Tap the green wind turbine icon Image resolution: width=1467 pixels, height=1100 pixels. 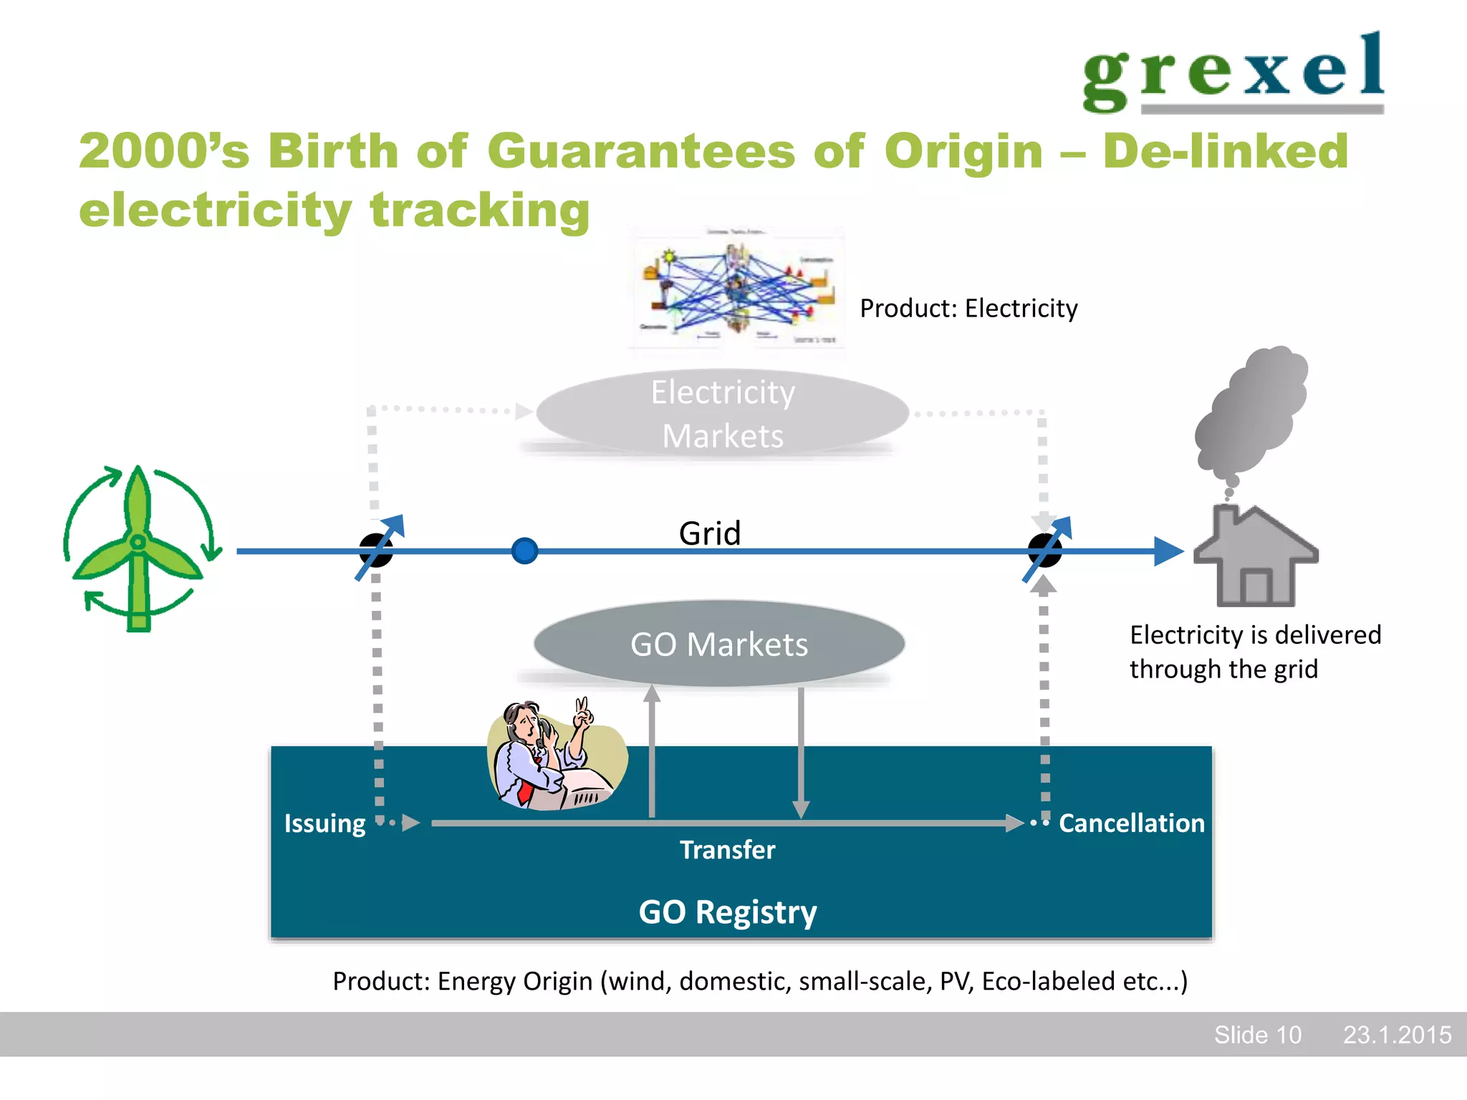(x=138, y=549)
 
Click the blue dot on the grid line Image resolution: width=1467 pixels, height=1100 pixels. (x=525, y=551)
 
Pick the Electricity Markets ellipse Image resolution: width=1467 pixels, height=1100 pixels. (x=722, y=413)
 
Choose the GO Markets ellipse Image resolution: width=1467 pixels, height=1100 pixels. (x=719, y=644)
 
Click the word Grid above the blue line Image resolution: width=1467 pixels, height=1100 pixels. (x=709, y=533)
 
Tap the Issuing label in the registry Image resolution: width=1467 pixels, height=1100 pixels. (x=324, y=824)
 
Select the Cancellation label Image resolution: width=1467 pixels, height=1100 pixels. (x=1132, y=824)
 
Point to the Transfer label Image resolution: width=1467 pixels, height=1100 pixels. (x=727, y=850)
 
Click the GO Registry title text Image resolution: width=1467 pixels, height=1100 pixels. (x=727, y=912)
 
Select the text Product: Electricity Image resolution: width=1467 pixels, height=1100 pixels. (x=968, y=309)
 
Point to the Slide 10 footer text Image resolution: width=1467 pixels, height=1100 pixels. (x=1257, y=1035)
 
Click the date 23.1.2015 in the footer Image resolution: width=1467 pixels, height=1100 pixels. (x=1397, y=1035)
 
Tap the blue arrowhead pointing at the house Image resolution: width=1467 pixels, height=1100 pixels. (x=1168, y=551)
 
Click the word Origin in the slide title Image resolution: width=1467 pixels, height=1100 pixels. (x=963, y=152)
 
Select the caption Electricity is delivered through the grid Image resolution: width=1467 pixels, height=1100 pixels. (x=1255, y=652)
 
